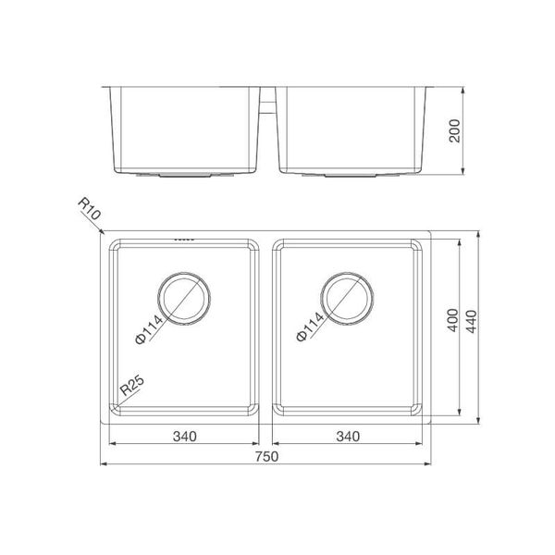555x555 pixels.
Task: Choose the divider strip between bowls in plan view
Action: [x=266, y=328]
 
